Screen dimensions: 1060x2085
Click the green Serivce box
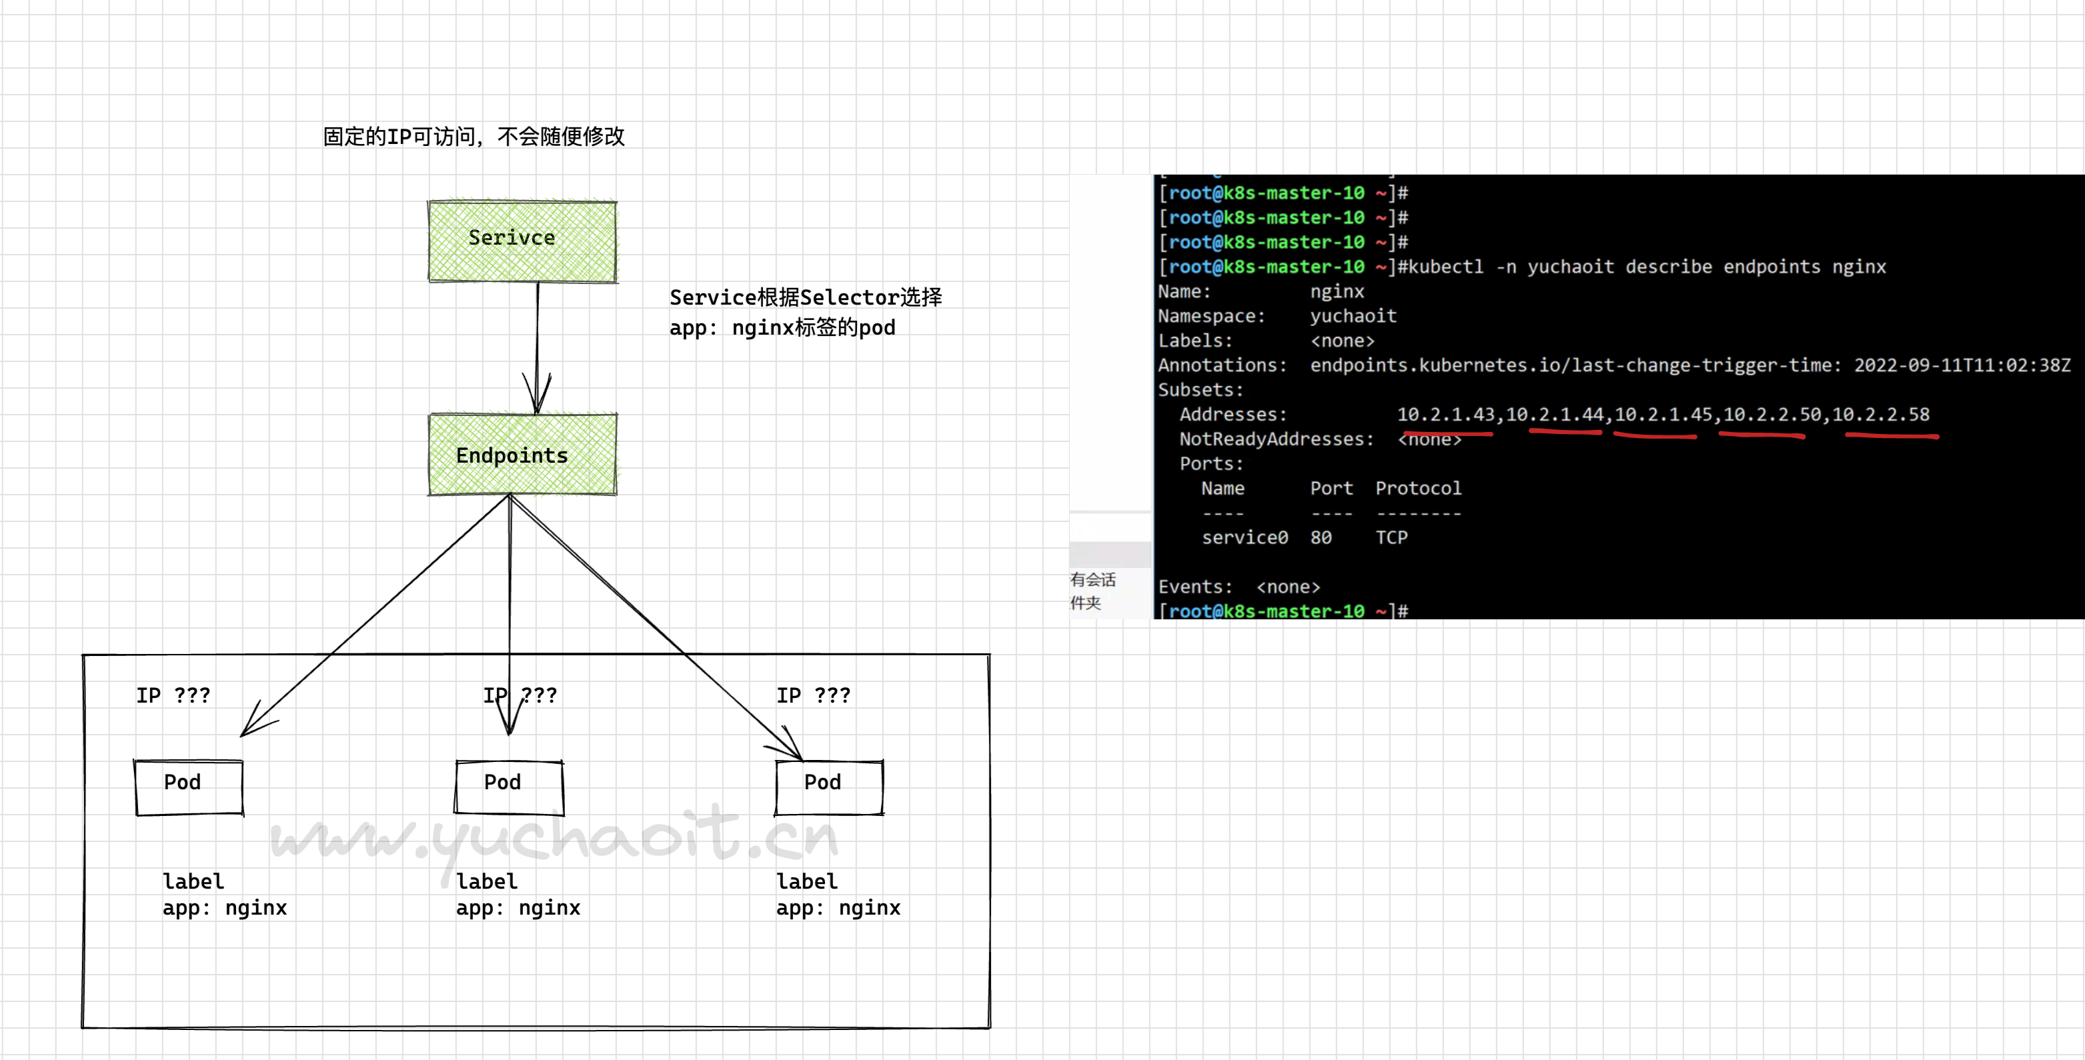[x=522, y=241]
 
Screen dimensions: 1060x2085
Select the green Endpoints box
[x=522, y=454]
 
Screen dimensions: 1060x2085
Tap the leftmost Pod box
[x=189, y=787]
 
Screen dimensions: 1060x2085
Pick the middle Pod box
[x=509, y=787]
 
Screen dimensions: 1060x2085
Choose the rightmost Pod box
[x=829, y=787]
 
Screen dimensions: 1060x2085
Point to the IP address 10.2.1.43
[x=1445, y=414]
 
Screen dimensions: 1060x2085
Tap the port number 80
[x=1321, y=537]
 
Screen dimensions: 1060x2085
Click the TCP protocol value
[x=1391, y=537]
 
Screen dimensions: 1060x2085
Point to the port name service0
[x=1244, y=537]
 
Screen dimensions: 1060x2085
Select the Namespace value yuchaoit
[x=1353, y=315]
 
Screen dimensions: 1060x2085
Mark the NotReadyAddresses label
[x=1275, y=439]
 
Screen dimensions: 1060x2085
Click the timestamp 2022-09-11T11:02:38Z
[x=1962, y=365]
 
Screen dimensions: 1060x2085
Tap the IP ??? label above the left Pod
[x=173, y=695]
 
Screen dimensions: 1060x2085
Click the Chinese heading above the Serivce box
[x=474, y=136]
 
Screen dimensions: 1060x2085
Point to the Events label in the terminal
[x=1195, y=587]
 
